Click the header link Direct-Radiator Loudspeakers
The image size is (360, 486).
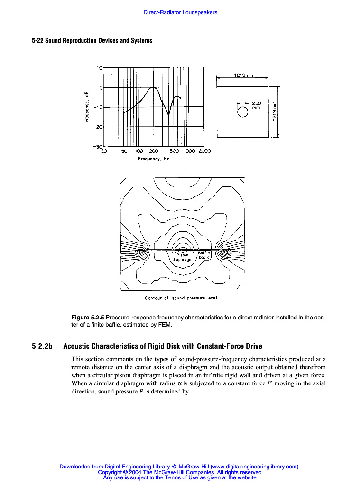pos(180,12)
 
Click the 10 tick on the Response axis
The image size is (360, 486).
pos(100,68)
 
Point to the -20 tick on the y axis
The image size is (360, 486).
pos(97,127)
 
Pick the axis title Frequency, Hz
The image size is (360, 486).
pos(154,159)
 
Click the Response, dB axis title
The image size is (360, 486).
pos(87,106)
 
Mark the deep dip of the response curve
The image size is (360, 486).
pos(169,114)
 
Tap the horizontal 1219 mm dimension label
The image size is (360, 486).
pos(244,75)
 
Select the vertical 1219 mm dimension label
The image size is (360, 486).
pos(274,112)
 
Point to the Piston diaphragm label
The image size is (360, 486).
pos(182,257)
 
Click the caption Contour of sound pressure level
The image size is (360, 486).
pos(181,298)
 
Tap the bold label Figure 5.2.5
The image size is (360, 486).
pos(87,317)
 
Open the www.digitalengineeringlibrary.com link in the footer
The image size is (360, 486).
pos(254,467)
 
